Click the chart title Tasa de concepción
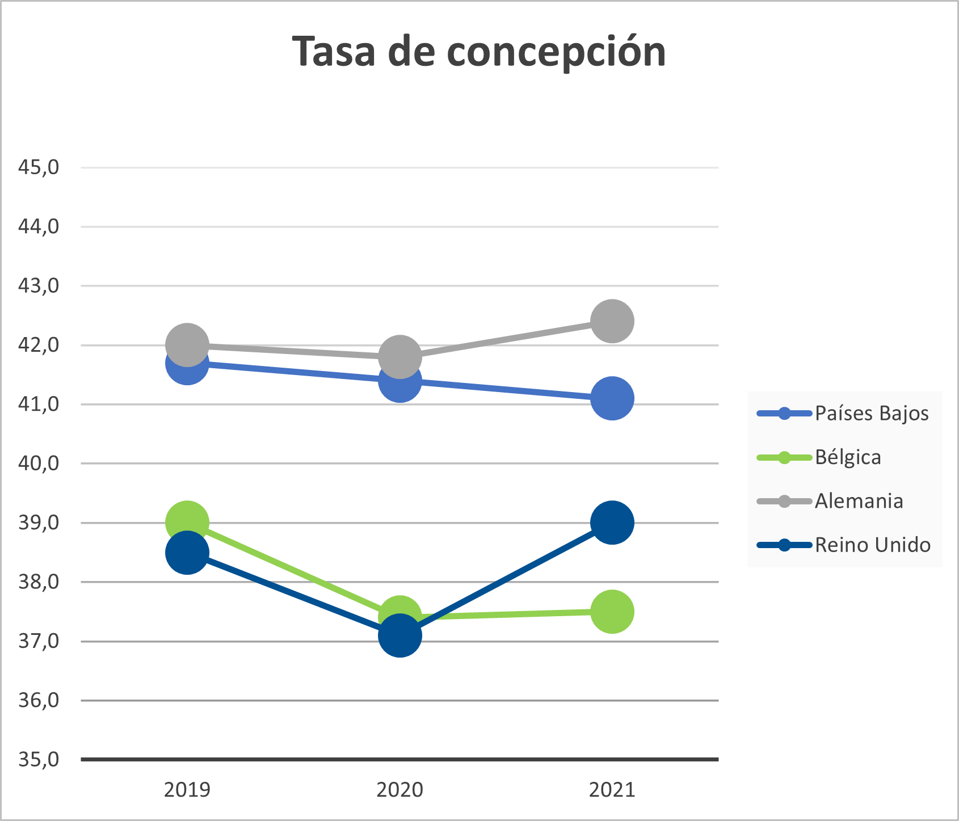click(479, 51)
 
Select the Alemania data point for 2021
click(612, 321)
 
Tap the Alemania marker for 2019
click(187, 344)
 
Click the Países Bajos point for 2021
click(612, 398)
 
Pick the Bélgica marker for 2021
click(612, 611)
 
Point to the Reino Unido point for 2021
click(612, 522)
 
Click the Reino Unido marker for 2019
click(187, 552)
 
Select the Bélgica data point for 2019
click(187, 519)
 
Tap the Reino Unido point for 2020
click(399, 635)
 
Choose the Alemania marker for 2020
click(399, 356)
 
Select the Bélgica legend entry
click(848, 457)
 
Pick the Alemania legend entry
click(859, 501)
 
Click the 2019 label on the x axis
click(187, 789)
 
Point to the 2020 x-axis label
click(399, 789)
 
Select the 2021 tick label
click(612, 789)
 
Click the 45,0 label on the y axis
click(39, 167)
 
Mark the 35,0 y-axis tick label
click(39, 759)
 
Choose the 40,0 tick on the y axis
click(39, 463)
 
